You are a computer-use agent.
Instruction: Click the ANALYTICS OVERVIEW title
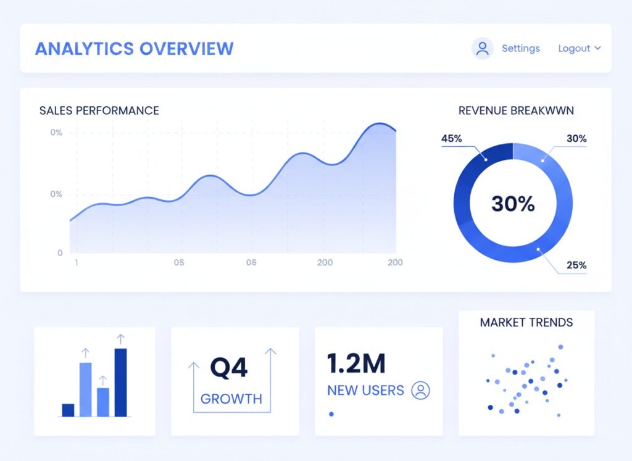coord(134,49)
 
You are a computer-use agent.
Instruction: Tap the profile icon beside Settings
coord(483,48)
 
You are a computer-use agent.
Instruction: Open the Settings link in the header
coord(520,48)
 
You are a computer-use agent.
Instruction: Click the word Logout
coord(574,48)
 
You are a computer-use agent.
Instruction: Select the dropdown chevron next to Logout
coord(597,48)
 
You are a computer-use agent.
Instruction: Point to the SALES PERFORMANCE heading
coord(99,110)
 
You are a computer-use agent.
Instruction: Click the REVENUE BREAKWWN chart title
coord(516,110)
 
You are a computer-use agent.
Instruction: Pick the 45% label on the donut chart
coord(451,138)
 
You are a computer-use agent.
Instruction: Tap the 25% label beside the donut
coord(576,265)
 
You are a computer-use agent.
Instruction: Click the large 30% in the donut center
coord(513,204)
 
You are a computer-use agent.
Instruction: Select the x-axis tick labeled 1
coord(76,262)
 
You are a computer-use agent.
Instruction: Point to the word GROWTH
coord(231,399)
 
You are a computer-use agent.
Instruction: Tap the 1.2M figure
coord(356,363)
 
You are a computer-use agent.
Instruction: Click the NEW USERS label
coord(365,390)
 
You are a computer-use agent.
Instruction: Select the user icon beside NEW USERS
coord(420,390)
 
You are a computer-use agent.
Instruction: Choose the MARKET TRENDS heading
coord(526,322)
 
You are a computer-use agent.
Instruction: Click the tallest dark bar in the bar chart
coord(120,382)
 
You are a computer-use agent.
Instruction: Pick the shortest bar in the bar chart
coord(68,410)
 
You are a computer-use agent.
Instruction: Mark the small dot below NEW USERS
coord(331,413)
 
